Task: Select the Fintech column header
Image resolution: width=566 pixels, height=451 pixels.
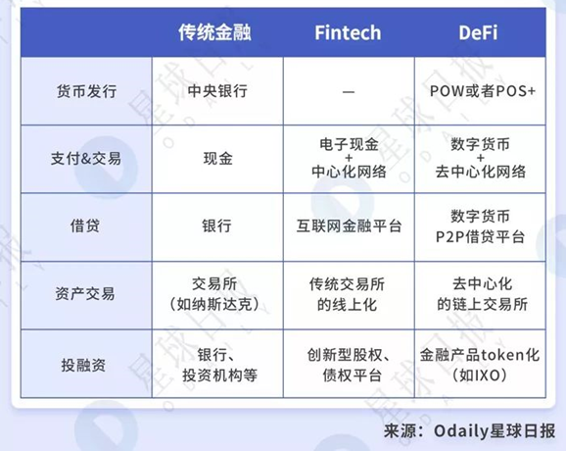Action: [348, 32]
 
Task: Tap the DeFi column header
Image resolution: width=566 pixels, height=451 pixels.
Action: [478, 32]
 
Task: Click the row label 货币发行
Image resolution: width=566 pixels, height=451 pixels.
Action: [87, 91]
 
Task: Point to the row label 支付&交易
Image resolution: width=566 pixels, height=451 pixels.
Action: [87, 158]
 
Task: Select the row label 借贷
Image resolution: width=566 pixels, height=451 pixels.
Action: [87, 225]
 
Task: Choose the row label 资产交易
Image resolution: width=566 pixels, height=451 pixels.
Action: [87, 293]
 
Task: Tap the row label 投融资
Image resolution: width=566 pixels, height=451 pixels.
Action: [87, 361]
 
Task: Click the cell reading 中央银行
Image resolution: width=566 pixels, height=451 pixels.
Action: [217, 91]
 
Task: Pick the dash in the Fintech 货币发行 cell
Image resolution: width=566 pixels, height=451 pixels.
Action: [348, 91]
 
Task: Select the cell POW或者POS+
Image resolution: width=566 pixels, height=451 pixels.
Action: [479, 91]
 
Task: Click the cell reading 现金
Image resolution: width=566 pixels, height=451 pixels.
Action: [217, 158]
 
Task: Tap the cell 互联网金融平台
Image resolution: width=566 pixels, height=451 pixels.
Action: [348, 225]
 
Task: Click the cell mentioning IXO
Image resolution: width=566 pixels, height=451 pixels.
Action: [479, 363]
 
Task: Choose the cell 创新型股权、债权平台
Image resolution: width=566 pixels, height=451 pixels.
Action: [348, 363]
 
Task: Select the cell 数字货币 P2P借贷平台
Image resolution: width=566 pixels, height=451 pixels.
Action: [479, 225]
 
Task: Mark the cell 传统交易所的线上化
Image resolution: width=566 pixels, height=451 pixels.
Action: [348, 293]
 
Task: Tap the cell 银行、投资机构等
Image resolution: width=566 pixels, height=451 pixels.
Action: [217, 363]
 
